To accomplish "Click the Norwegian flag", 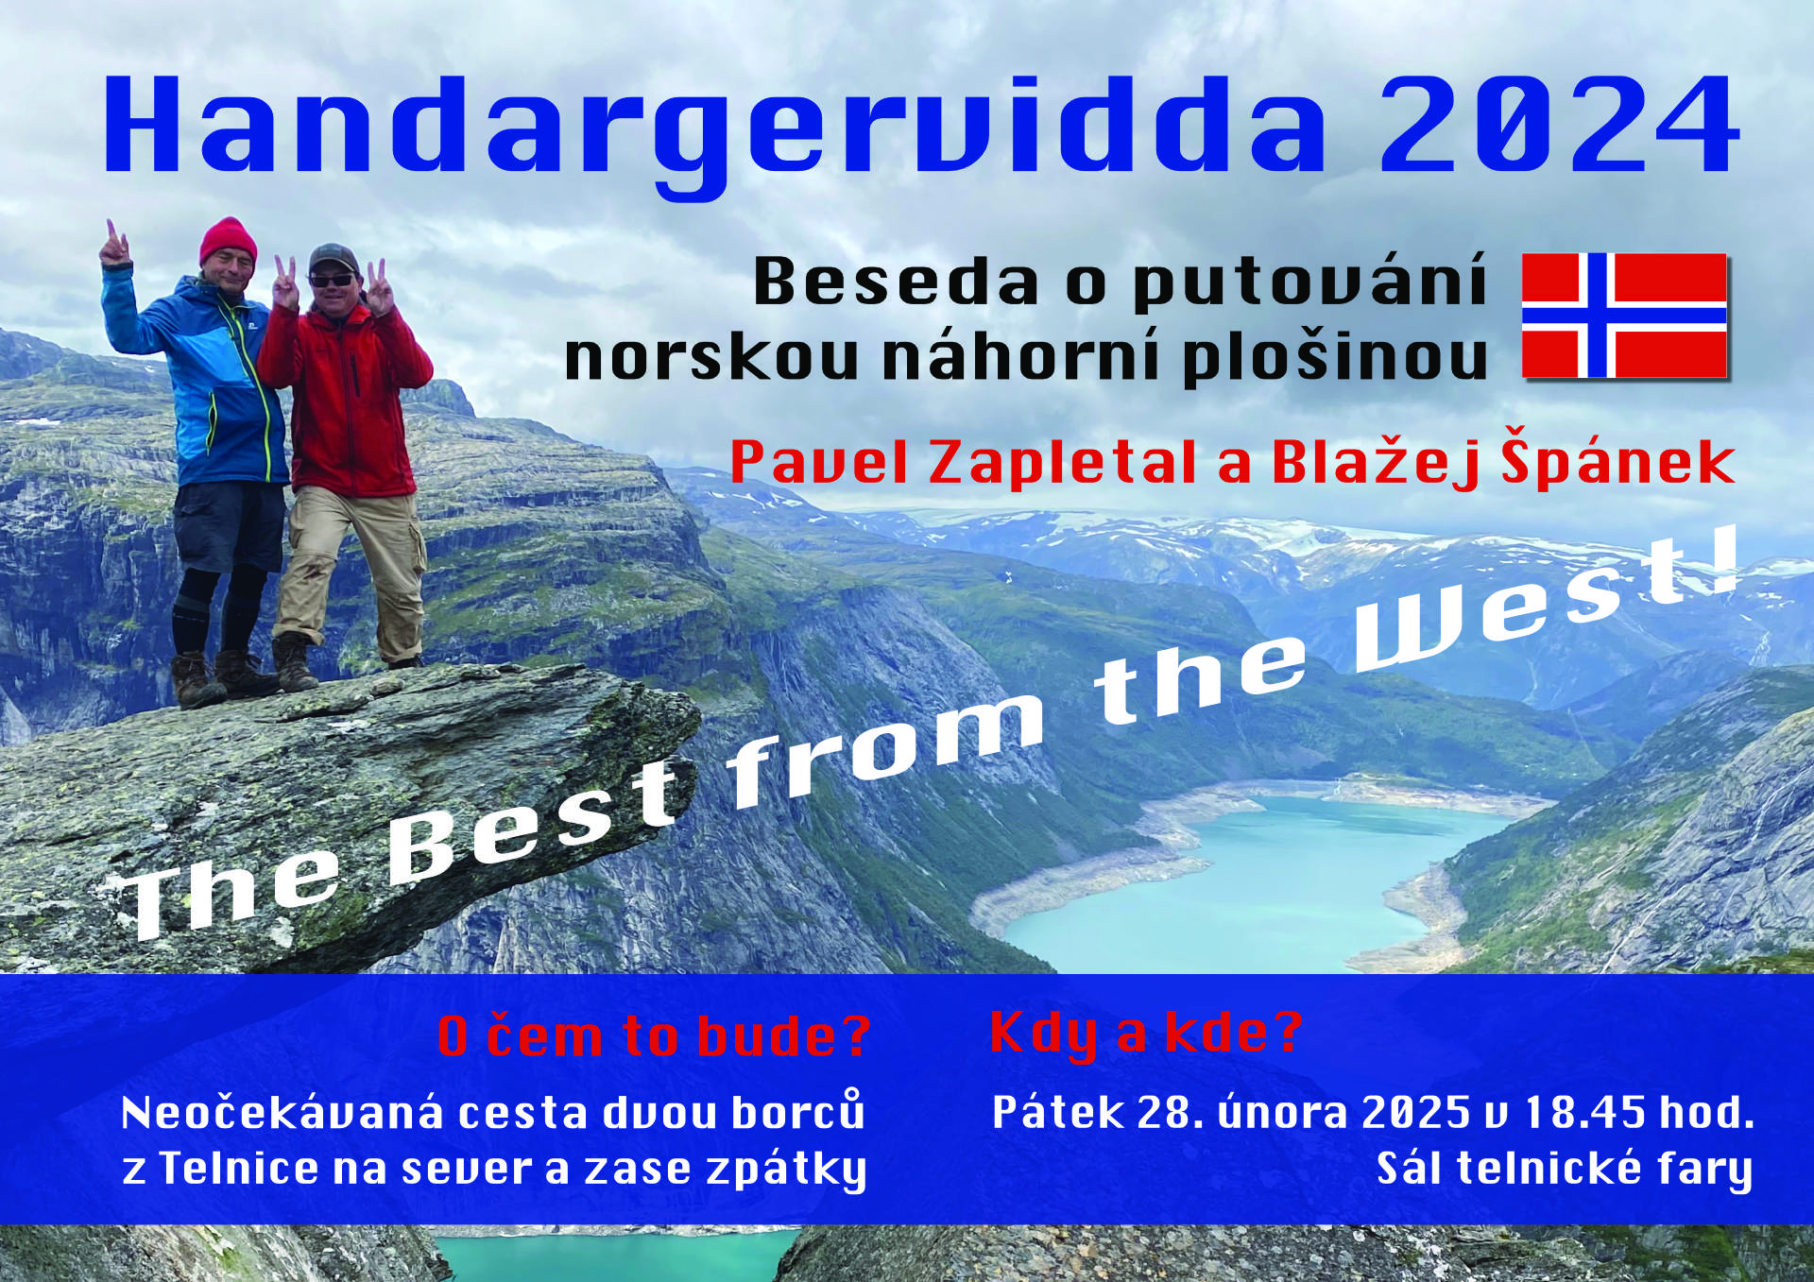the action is pyautogui.click(x=1624, y=316).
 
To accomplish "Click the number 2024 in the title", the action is pyautogui.click(x=1559, y=126).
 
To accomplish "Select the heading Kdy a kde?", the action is pyautogui.click(x=1146, y=1034).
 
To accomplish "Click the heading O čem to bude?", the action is pyautogui.click(x=654, y=1036).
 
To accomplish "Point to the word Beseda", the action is pyautogui.click(x=896, y=282).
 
